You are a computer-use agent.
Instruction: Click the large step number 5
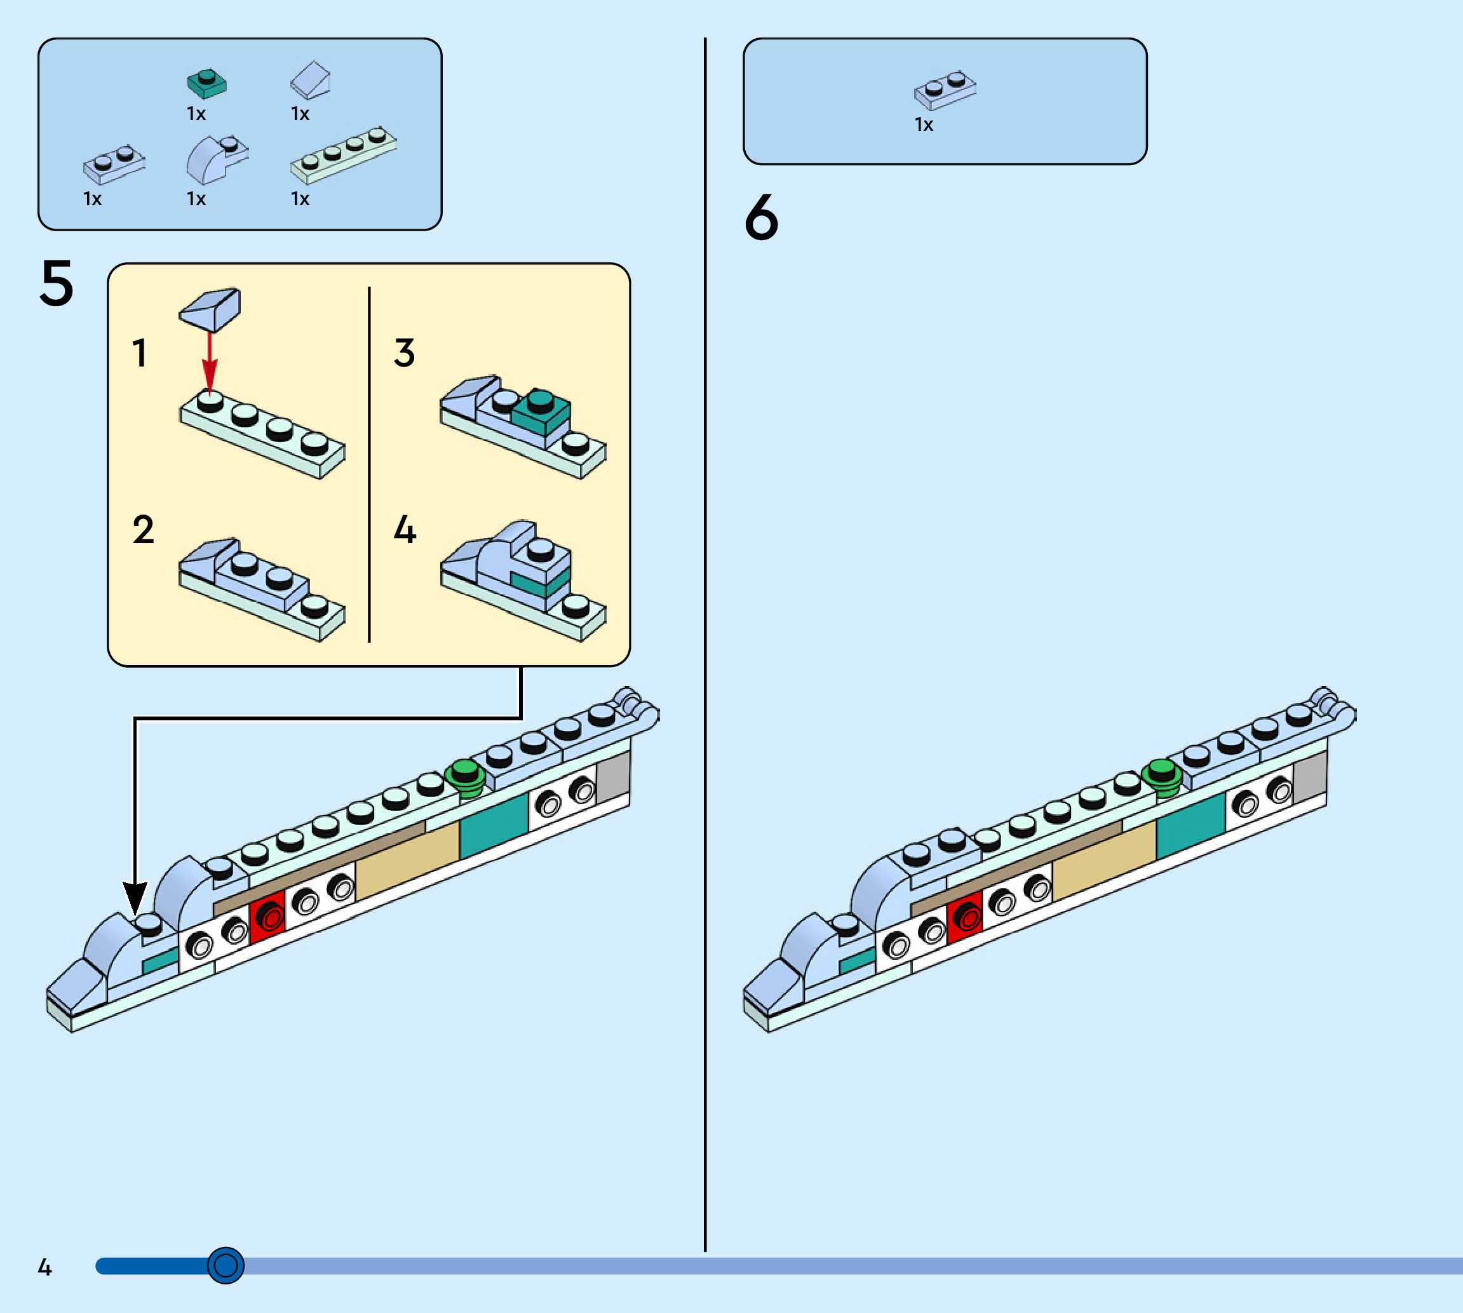pyautogui.click(x=57, y=283)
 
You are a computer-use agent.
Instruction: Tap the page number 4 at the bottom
pyautogui.click(x=44, y=1267)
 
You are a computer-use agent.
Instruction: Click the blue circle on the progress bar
pyautogui.click(x=226, y=1265)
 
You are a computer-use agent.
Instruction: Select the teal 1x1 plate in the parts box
pyautogui.click(x=206, y=84)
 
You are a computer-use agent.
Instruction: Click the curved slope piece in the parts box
pyautogui.click(x=215, y=159)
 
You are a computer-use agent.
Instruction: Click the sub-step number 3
pyautogui.click(x=404, y=353)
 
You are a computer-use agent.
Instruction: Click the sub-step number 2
pyautogui.click(x=143, y=530)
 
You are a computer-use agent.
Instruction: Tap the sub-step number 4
pyautogui.click(x=405, y=530)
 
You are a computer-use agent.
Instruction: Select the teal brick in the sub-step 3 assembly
pyautogui.click(x=542, y=414)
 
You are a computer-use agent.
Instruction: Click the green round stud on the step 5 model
pyautogui.click(x=464, y=776)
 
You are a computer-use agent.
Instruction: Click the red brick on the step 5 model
pyautogui.click(x=267, y=917)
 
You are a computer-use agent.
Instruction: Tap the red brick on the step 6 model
pyautogui.click(x=964, y=917)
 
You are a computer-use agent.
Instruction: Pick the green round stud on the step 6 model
pyautogui.click(x=1161, y=776)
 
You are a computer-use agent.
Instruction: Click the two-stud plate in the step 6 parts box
pyautogui.click(x=945, y=90)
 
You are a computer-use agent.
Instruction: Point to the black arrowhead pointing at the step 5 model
pyautogui.click(x=135, y=898)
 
